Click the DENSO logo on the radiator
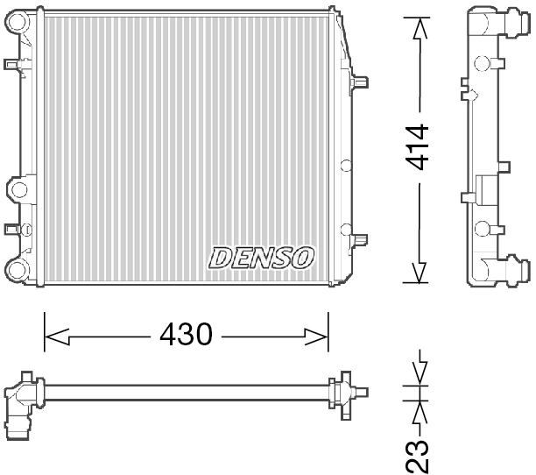coord(260,257)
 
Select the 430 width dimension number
coord(186,334)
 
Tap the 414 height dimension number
coord(419,147)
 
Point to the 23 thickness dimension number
coord(420,454)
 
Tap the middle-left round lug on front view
coord(17,188)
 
